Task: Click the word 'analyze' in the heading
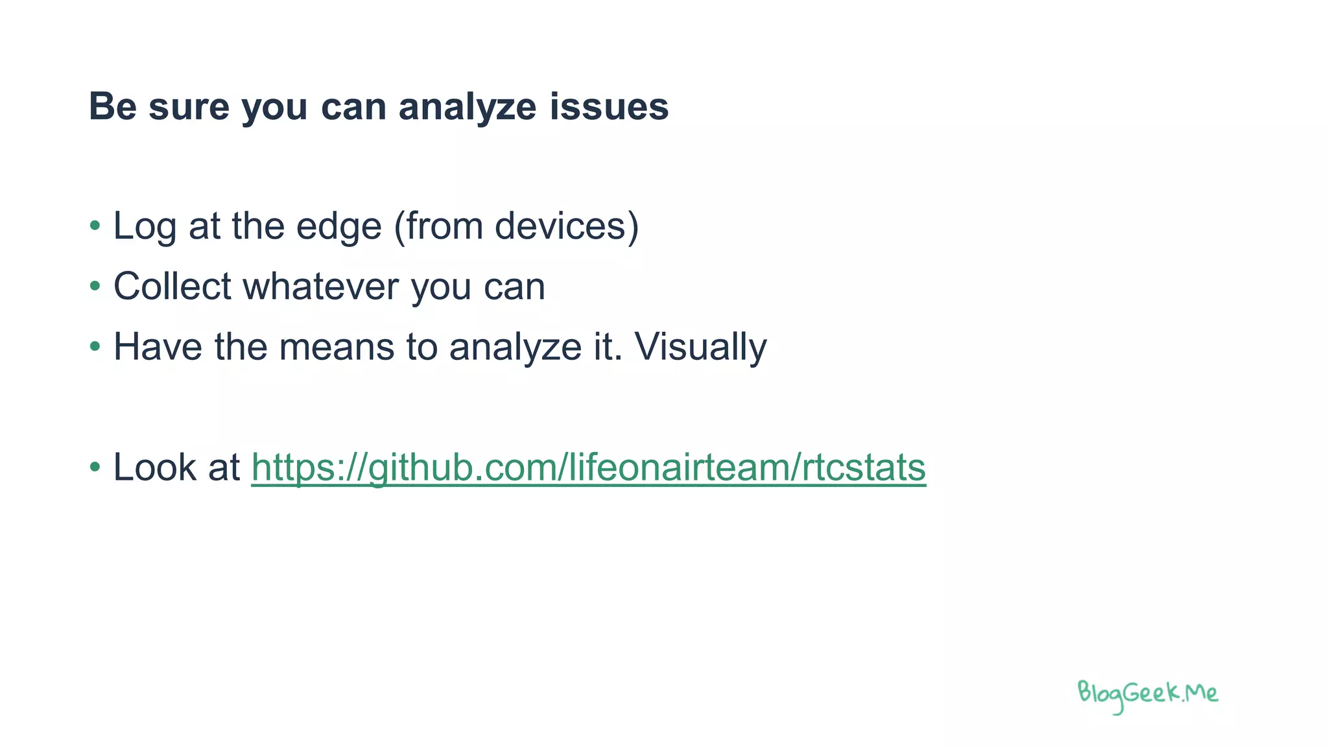[467, 107]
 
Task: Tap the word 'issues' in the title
[609, 107]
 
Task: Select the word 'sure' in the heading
[189, 107]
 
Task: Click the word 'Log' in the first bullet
[145, 226]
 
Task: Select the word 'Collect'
[172, 286]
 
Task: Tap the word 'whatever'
[320, 286]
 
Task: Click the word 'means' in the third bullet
[337, 346]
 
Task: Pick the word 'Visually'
[700, 346]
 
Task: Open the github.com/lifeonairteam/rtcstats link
[588, 467]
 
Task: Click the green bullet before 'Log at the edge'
[95, 226]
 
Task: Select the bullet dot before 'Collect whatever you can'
[95, 286]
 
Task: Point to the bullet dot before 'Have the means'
[95, 346]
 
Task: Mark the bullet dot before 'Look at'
[95, 467]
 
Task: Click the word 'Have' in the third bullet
[158, 346]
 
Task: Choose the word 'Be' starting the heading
[112, 107]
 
